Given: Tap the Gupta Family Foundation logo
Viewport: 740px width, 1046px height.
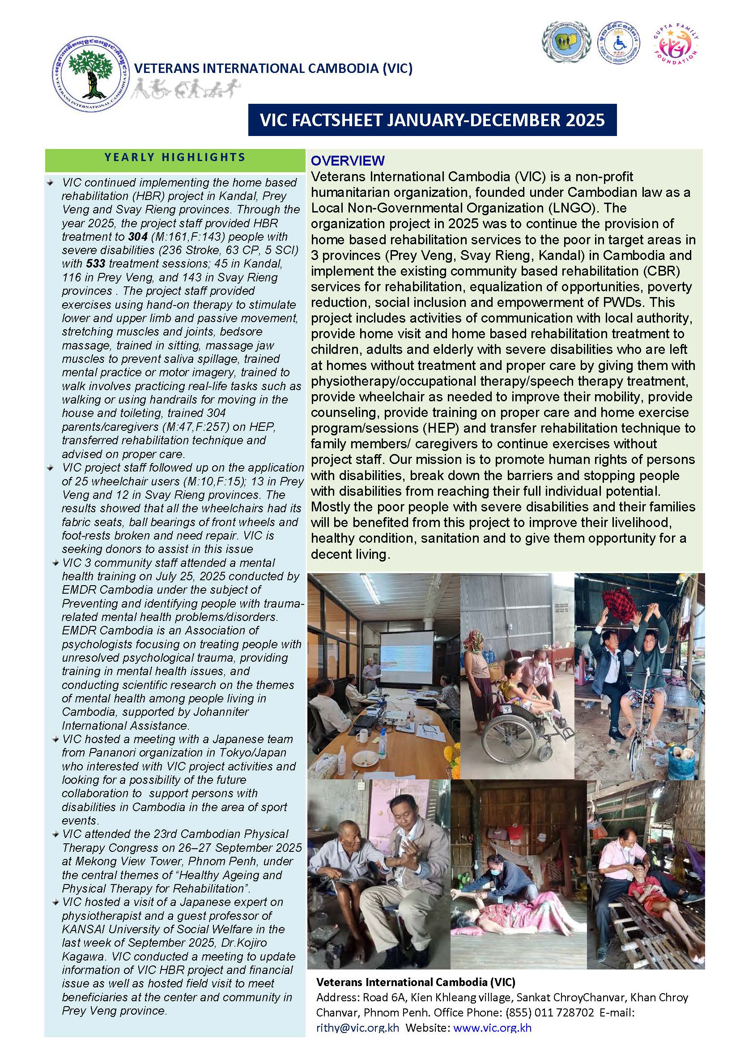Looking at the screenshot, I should [x=676, y=47].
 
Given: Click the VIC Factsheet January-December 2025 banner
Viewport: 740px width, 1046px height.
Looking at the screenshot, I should [x=432, y=120].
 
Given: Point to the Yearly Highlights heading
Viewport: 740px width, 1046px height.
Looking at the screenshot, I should [x=175, y=157].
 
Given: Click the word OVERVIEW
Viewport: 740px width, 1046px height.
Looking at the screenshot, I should [x=348, y=160].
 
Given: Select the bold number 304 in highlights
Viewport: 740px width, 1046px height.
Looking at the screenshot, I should [x=137, y=237].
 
